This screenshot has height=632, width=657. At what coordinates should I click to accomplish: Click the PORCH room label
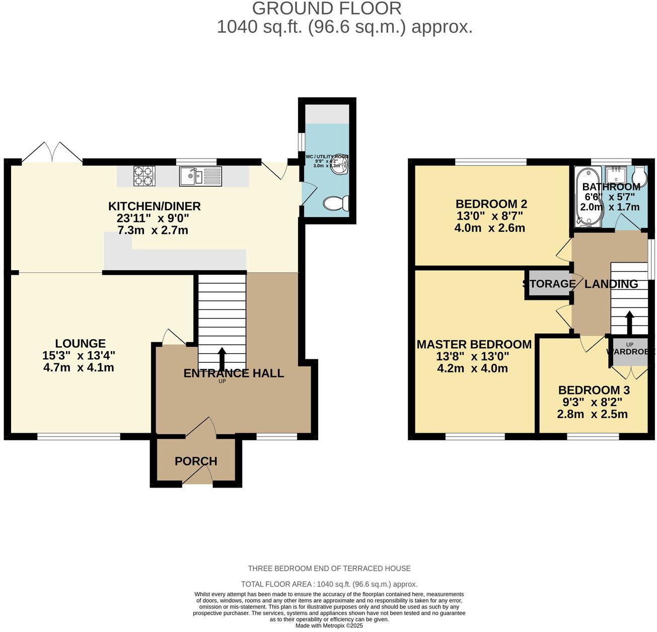click(x=196, y=461)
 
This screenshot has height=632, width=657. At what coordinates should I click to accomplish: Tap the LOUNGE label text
click(x=81, y=344)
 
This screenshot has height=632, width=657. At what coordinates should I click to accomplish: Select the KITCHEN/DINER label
click(x=155, y=206)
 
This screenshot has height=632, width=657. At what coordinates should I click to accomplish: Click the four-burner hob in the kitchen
click(x=143, y=176)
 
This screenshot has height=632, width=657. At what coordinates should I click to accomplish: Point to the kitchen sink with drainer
click(x=200, y=176)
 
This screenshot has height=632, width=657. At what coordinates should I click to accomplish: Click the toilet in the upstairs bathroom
click(x=639, y=177)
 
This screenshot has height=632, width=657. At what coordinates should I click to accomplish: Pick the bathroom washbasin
click(x=615, y=175)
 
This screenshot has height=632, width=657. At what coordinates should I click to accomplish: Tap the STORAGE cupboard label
click(x=549, y=284)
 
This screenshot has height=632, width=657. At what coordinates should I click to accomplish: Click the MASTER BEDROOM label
click(x=474, y=345)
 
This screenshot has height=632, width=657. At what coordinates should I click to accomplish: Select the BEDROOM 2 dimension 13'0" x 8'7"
click(x=489, y=216)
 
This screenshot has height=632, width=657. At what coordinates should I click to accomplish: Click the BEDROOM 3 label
click(x=594, y=390)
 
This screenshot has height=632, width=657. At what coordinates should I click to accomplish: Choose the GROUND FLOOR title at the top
click(x=327, y=9)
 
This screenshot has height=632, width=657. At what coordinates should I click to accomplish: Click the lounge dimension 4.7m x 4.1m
click(x=79, y=368)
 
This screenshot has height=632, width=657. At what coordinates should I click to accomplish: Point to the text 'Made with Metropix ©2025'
click(x=329, y=626)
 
